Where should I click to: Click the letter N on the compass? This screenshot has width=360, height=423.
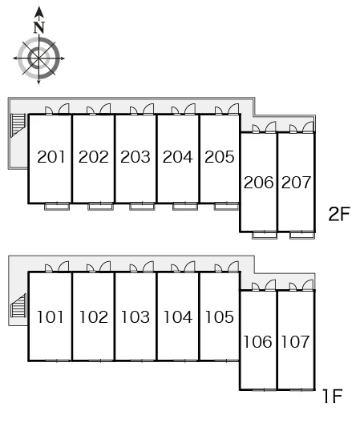[39, 27]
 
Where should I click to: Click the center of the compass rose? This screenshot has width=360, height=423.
[39, 58]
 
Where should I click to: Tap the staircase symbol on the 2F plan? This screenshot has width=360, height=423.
[18, 126]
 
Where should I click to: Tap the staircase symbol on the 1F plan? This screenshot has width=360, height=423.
[18, 305]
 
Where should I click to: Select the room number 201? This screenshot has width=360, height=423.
[51, 157]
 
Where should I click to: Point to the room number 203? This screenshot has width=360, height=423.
[136, 157]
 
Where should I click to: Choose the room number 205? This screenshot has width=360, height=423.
[220, 157]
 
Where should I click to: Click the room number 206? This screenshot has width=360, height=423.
[258, 183]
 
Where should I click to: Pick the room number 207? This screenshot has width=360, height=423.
[296, 183]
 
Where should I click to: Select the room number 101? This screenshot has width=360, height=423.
[51, 316]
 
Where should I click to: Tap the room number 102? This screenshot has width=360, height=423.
[94, 316]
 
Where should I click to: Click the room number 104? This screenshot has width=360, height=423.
[178, 316]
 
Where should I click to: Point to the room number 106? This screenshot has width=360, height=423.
[257, 342]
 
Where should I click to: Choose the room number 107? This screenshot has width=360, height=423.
[295, 342]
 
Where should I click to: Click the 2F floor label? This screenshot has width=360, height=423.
[339, 214]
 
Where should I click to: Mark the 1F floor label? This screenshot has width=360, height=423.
[333, 396]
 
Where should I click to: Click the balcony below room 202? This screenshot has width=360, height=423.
[100, 207]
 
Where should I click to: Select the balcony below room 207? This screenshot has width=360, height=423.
[302, 236]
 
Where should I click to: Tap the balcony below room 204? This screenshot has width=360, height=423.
[185, 207]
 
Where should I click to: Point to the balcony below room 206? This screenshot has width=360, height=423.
[265, 236]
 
